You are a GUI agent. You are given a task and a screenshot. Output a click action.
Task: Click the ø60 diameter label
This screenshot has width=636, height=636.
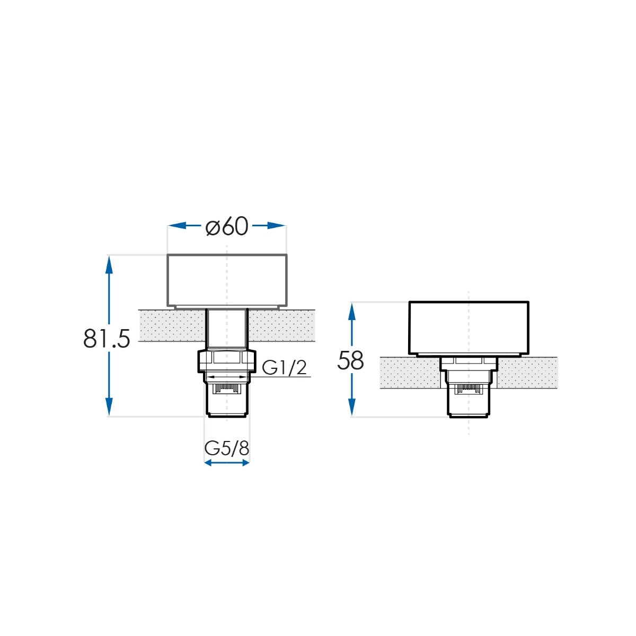[x=227, y=226]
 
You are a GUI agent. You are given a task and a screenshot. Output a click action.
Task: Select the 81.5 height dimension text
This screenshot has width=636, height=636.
[x=107, y=339]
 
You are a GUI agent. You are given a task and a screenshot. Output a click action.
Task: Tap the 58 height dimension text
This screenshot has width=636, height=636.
[x=350, y=360]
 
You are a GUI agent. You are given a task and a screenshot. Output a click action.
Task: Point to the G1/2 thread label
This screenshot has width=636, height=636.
[x=285, y=368]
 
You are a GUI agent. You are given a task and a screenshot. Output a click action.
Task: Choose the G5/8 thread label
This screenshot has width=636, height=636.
[x=227, y=448]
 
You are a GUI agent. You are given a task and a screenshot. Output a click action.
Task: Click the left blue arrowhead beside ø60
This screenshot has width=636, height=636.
[x=177, y=226]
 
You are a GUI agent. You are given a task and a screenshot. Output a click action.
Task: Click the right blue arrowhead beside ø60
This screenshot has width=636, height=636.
[x=276, y=226]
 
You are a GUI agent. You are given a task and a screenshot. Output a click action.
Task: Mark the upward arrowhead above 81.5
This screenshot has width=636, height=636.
[x=109, y=264]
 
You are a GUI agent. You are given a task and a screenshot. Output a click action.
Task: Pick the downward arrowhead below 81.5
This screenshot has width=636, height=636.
[x=109, y=407]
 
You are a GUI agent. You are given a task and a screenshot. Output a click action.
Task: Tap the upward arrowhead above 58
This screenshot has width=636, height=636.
[x=352, y=312]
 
